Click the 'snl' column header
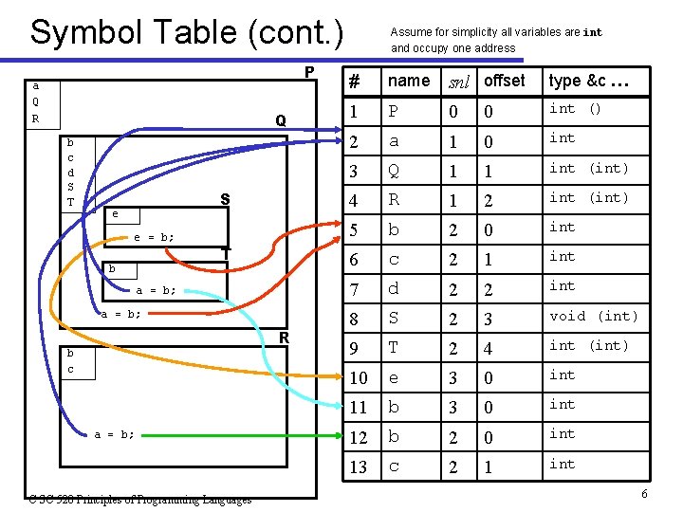tap(458, 82)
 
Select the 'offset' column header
tap(504, 81)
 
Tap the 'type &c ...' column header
tap(588, 81)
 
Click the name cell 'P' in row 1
tap(394, 112)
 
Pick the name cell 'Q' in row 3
tap(395, 172)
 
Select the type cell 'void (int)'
tap(594, 316)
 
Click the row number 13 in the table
tap(358, 466)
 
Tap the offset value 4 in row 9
tap(487, 349)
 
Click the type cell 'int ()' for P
tap(576, 109)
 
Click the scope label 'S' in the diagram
tap(225, 199)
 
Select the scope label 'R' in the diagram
tap(284, 338)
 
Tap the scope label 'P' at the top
tap(309, 73)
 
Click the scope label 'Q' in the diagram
tap(281, 121)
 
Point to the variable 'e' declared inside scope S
tap(115, 214)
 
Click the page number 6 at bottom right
tap(643, 494)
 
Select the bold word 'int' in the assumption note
tap(592, 32)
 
